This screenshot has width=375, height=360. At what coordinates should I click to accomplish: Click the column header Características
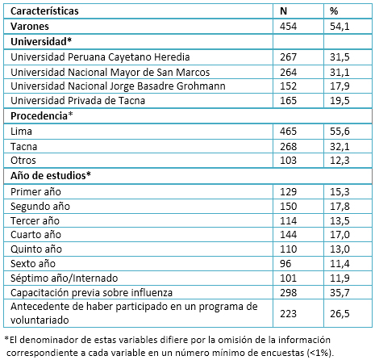pos(44,11)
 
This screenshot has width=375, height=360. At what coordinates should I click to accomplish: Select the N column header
pos(283,11)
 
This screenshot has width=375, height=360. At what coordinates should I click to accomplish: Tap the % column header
pos(334,11)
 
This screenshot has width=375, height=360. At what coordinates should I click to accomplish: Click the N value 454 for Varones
pos(288,27)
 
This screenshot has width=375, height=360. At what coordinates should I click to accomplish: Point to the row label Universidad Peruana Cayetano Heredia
pos(100,57)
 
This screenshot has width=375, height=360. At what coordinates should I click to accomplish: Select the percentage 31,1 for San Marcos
pos(340,73)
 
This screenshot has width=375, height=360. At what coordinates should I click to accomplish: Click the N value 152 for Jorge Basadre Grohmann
pos(288,86)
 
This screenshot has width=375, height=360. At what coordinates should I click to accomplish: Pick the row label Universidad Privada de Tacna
pos(78,101)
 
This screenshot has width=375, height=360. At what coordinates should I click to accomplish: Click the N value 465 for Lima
pos(288,132)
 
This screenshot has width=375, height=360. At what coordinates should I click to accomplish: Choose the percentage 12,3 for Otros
pos(340,161)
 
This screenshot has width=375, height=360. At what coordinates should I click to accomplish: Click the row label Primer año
pos(35,192)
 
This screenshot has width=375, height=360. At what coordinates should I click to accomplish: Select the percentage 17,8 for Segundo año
pos(340,207)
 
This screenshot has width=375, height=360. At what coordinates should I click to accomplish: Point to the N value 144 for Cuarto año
pos(288,235)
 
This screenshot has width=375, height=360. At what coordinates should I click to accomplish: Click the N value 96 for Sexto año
pos(285,264)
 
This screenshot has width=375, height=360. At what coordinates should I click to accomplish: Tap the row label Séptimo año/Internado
pos(65,278)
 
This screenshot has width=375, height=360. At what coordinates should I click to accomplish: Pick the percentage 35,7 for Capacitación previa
pos(340,293)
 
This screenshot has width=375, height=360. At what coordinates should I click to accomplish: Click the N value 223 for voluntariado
pos(288,314)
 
